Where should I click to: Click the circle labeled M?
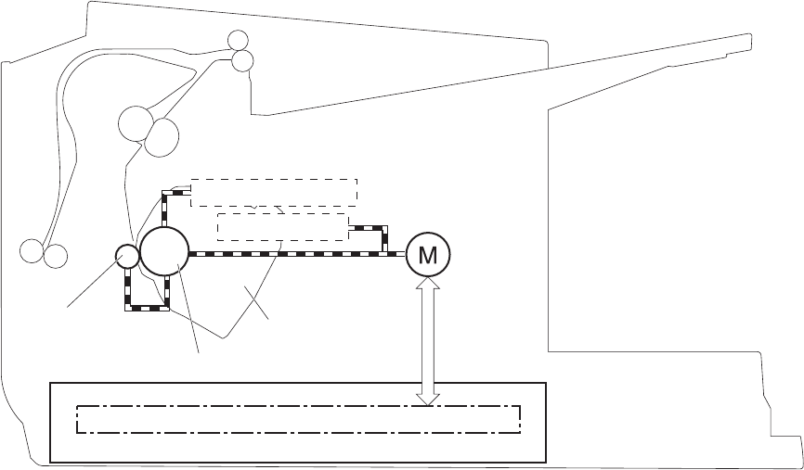[428, 254]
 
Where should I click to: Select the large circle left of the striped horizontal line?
[164, 252]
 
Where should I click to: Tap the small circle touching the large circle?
[127, 255]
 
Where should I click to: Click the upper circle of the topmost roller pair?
[239, 41]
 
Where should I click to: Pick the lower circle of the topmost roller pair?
[242, 60]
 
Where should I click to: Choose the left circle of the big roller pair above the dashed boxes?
[136, 122]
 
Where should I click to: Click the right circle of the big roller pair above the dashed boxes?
[162, 135]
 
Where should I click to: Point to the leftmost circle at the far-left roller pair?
[32, 250]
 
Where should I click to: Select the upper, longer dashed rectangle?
[274, 193]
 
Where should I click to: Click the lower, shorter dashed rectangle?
[281, 227]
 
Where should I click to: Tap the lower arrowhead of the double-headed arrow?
[428, 397]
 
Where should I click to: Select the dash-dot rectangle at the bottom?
[298, 419]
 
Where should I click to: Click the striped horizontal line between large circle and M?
[297, 254]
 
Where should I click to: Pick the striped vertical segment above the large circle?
[164, 211]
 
